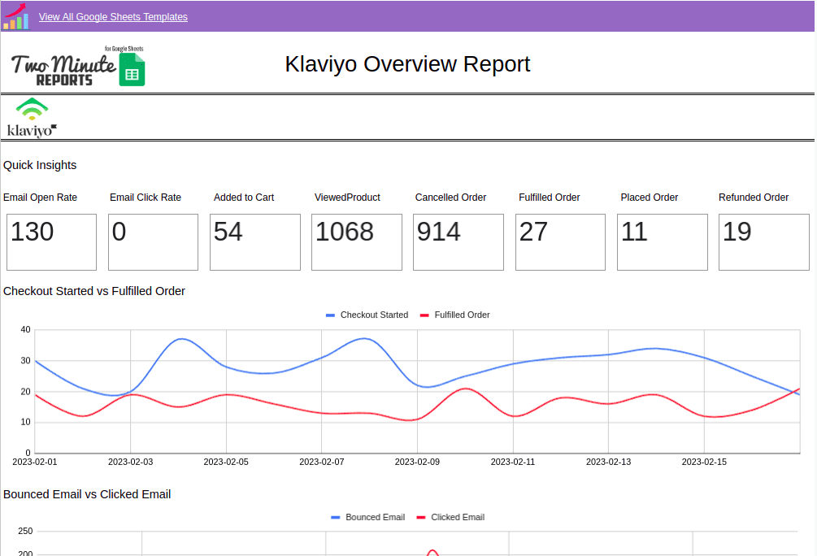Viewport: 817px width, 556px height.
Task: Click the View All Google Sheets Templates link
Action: click(x=113, y=17)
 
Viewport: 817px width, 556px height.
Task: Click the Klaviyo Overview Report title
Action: click(x=407, y=64)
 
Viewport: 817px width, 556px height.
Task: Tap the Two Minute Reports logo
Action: click(x=78, y=67)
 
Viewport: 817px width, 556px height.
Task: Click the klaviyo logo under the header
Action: click(x=32, y=119)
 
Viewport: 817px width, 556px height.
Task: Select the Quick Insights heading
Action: click(x=40, y=165)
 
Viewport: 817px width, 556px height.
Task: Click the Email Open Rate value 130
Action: click(x=33, y=232)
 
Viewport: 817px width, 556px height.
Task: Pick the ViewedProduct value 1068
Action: click(x=345, y=232)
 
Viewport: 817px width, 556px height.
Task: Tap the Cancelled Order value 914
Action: click(x=439, y=232)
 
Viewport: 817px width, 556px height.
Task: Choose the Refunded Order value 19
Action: click(x=737, y=232)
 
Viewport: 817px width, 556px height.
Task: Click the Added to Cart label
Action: click(x=244, y=198)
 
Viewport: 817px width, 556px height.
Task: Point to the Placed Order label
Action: click(x=649, y=198)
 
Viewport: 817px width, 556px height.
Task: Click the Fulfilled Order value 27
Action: click(x=533, y=232)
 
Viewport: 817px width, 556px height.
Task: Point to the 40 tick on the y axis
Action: click(x=25, y=330)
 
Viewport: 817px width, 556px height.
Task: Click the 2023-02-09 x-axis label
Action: click(x=417, y=462)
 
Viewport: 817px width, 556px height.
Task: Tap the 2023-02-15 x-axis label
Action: click(x=704, y=462)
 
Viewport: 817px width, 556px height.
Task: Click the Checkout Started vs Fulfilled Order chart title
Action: click(x=94, y=291)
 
